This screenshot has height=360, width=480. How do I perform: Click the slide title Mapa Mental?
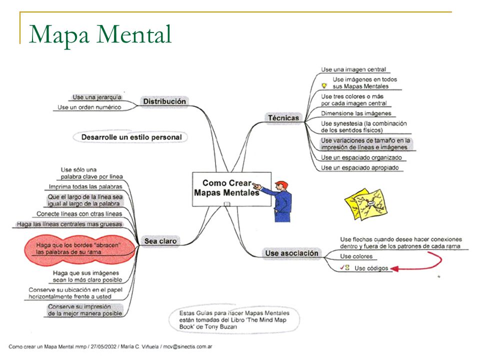coord(100,35)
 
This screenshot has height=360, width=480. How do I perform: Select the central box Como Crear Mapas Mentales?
coord(231,189)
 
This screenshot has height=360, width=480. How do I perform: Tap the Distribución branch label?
coord(164,101)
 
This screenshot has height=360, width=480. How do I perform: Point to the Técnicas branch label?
coord(283,118)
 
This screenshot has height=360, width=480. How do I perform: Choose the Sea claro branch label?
coord(160,241)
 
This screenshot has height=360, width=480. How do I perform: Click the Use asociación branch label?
coord(291,253)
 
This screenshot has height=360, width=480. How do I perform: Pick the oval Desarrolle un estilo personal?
coord(130,137)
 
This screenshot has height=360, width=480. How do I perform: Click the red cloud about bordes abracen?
coord(80,249)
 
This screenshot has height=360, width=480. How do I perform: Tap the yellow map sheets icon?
coord(366,204)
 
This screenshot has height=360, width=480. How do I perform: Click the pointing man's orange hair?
coord(282,184)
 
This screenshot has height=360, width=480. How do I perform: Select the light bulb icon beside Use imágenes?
coord(324,85)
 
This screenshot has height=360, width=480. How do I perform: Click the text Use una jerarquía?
coord(96,97)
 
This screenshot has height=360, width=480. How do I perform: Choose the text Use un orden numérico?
coord(89,107)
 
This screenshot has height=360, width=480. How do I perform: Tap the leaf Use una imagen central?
coord(353,69)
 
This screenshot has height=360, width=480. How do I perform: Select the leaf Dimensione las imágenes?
coord(356,113)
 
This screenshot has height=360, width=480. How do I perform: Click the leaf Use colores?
coord(356,256)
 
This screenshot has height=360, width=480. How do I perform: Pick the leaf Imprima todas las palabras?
coord(85,186)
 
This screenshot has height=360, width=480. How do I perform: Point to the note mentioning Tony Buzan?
coord(234,320)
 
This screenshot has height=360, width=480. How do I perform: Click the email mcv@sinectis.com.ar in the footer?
coord(187,346)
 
